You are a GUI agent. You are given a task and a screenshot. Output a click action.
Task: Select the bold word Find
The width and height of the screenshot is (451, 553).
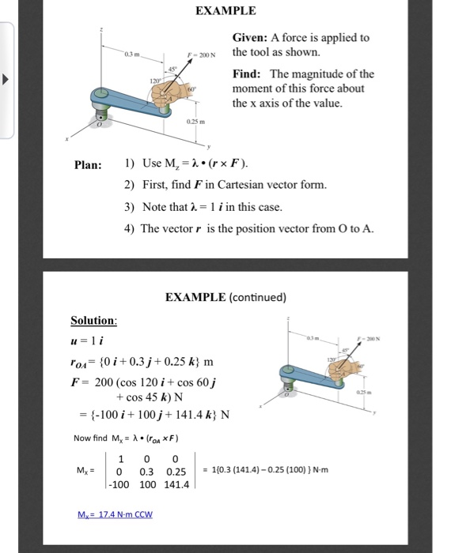[246, 73]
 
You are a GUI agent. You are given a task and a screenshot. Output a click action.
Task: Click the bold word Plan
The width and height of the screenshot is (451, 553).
[88, 165]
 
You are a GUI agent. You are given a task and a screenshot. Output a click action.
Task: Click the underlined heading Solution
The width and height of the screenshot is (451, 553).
[94, 322]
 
